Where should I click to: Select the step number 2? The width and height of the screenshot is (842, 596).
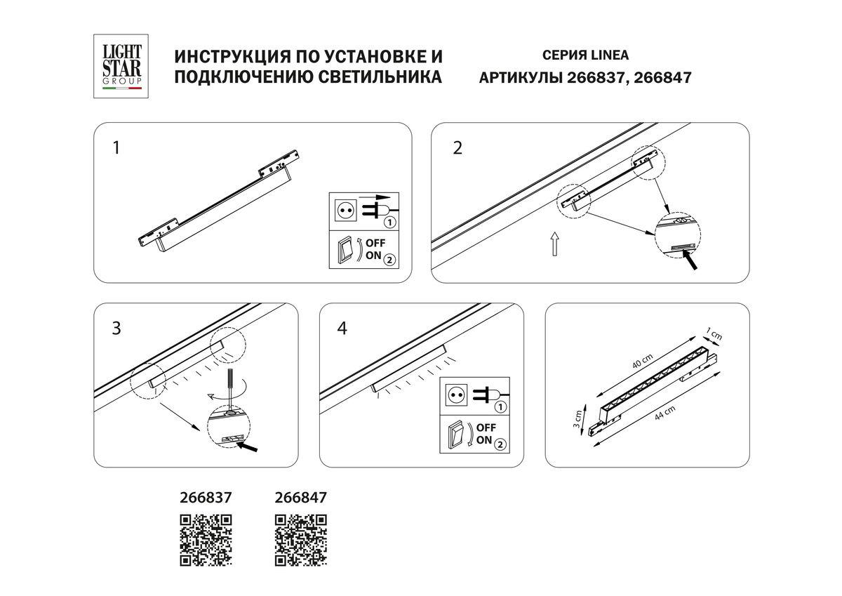click(x=457, y=148)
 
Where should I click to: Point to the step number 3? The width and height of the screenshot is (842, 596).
click(x=116, y=328)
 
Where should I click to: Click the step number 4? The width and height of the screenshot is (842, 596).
click(x=342, y=328)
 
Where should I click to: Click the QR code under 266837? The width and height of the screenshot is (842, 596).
click(x=206, y=540)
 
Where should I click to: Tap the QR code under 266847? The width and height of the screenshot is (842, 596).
click(x=300, y=540)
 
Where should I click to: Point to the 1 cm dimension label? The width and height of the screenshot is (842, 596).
click(x=715, y=336)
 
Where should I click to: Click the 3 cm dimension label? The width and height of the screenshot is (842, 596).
click(x=577, y=419)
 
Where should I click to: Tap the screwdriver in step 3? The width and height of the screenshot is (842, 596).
click(x=229, y=383)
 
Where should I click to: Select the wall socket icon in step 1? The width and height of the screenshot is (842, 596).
click(x=344, y=209)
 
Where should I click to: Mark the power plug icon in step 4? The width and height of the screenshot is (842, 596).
click(x=489, y=397)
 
